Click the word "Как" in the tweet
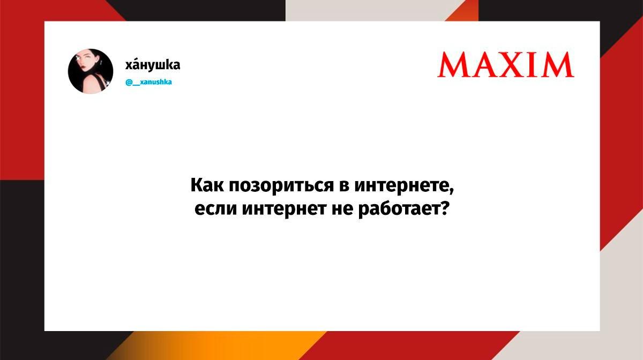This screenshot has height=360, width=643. (x=207, y=185)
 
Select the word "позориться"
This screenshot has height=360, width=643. (x=281, y=186)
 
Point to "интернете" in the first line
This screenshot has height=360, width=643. (x=401, y=186)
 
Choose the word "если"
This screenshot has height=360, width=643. (x=215, y=209)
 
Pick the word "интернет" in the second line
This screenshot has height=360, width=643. (x=284, y=209)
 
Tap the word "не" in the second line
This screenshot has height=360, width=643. (x=342, y=209)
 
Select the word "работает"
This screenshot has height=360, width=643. (x=399, y=209)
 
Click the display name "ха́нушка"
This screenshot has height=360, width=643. (x=153, y=65)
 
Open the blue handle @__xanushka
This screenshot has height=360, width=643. (x=149, y=82)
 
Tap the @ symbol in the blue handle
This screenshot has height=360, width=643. (x=129, y=82)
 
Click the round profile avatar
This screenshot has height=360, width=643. (x=91, y=71)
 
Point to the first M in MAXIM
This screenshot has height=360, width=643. (x=454, y=65)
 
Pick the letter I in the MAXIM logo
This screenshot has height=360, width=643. (x=535, y=65)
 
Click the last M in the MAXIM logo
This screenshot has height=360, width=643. (x=557, y=65)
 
